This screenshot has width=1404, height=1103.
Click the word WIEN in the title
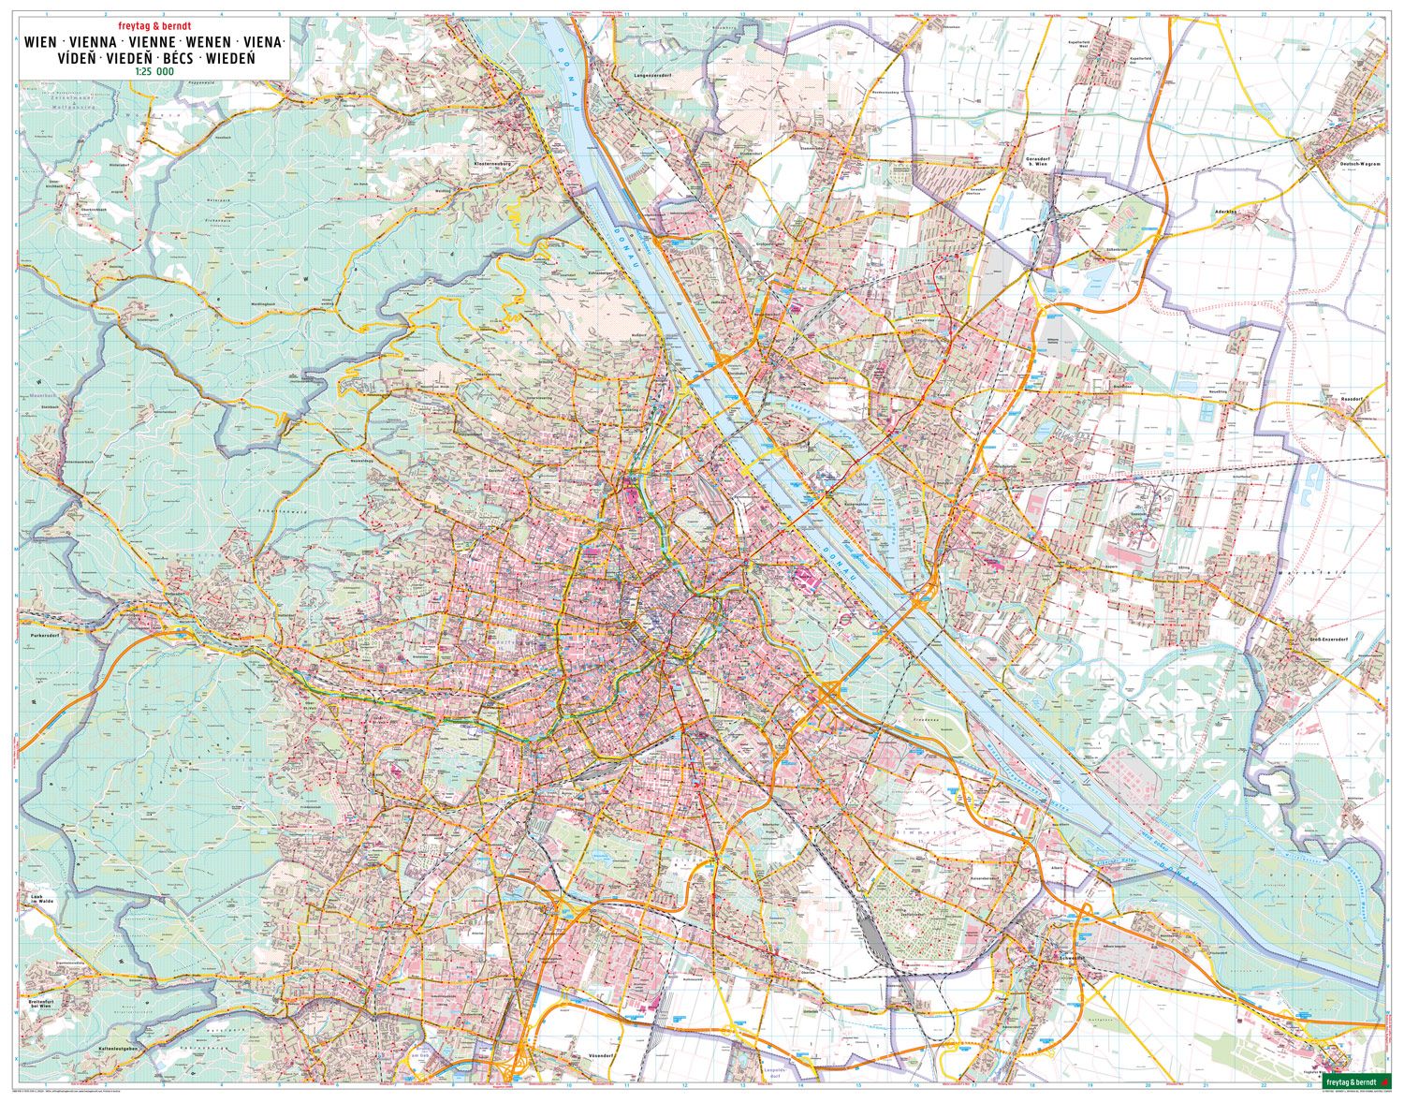pos(39,43)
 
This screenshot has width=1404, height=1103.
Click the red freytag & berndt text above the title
pos(154,26)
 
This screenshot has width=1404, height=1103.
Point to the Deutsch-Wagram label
pos(1361,164)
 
